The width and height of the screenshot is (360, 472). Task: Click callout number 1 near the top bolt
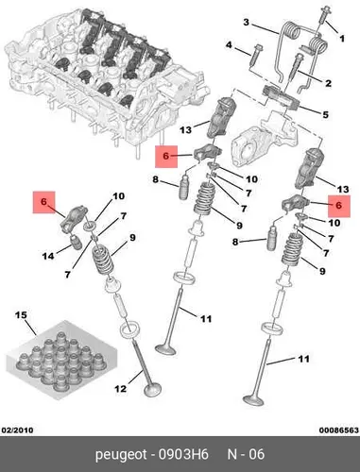pyautogui.click(x=342, y=39)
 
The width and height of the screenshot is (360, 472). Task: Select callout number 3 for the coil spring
pyautogui.click(x=247, y=23)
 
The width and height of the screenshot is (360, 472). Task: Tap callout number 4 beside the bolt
pyautogui.click(x=229, y=45)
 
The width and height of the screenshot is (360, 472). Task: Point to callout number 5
pyautogui.click(x=326, y=114)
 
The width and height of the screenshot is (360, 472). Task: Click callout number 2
pyautogui.click(x=328, y=83)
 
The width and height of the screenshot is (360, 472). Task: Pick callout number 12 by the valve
pyautogui.click(x=120, y=389)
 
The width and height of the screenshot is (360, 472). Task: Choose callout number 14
pyautogui.click(x=48, y=256)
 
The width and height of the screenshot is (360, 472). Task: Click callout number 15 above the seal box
pyautogui.click(x=21, y=315)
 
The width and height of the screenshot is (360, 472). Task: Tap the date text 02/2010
pyautogui.click(x=18, y=430)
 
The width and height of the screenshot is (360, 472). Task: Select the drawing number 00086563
pyautogui.click(x=339, y=430)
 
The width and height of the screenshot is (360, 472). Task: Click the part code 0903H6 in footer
pyautogui.click(x=183, y=454)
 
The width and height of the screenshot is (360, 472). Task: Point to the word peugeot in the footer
pyautogui.click(x=121, y=455)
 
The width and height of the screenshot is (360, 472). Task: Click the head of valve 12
pyautogui.click(x=153, y=390)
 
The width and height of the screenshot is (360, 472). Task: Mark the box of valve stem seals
pyautogui.click(x=61, y=361)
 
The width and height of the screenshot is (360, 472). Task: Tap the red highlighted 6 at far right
pyautogui.click(x=339, y=206)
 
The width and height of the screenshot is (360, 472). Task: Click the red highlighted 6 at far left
pyautogui.click(x=43, y=202)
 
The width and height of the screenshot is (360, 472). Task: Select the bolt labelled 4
pyautogui.click(x=255, y=55)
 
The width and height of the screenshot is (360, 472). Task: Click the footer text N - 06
pyautogui.click(x=246, y=454)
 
